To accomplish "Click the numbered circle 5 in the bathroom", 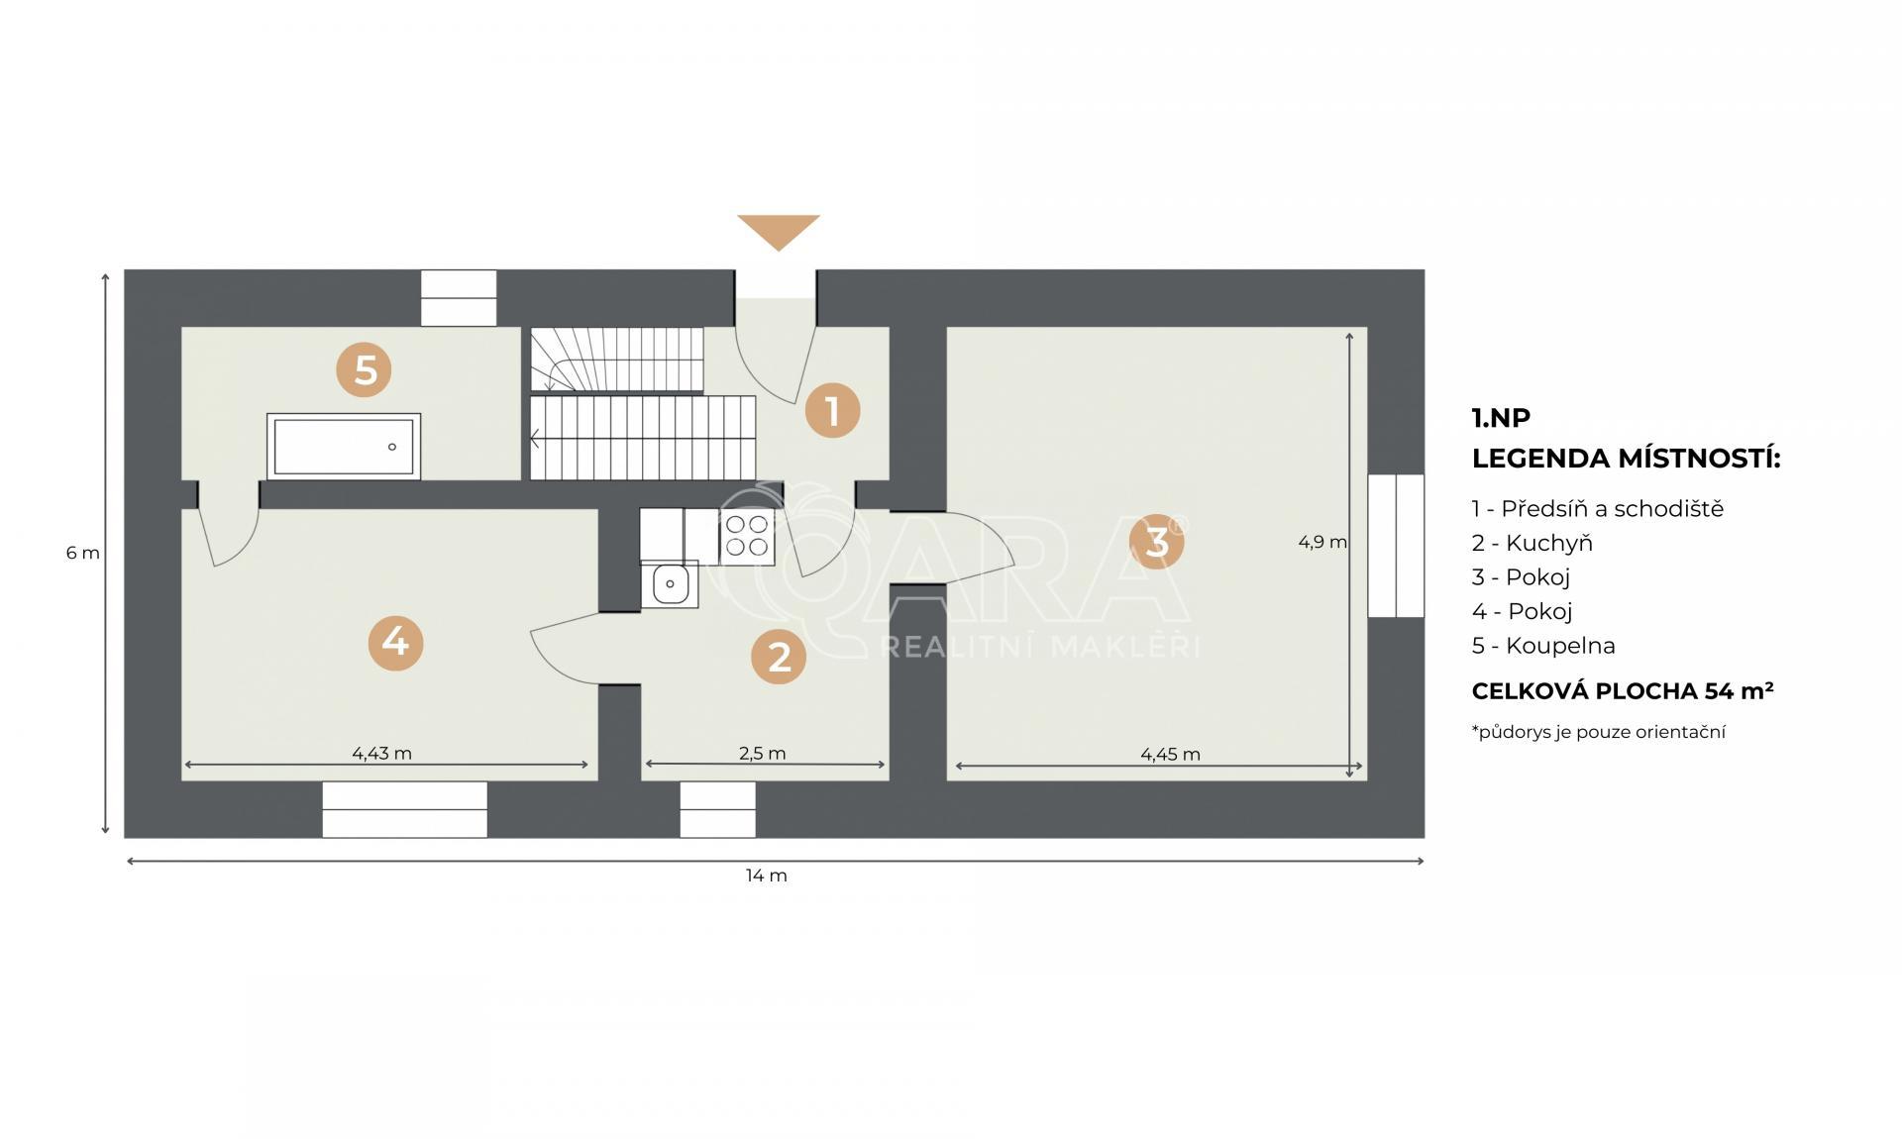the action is [364, 370].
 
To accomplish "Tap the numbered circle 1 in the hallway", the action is [832, 410].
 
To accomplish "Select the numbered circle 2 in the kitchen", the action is [779, 657].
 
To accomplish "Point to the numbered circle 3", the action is [1156, 541].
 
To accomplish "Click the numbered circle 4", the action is [395, 643].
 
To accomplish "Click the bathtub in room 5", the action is [344, 447].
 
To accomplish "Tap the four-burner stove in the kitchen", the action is [747, 536].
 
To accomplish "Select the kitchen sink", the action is [670, 583].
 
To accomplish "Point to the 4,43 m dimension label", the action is [381, 753].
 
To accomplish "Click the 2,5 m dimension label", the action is [763, 753].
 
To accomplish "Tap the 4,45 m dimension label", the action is [1170, 754].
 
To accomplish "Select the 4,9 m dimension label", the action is [1322, 542].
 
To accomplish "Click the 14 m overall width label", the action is [767, 876].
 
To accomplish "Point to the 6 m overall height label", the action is [83, 553].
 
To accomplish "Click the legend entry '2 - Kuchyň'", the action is [1532, 543].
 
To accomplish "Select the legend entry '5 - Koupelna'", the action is [1543, 646].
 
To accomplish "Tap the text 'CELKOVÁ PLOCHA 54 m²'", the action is [1623, 690].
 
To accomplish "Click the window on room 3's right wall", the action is [1396, 546].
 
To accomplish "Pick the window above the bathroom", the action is [459, 297].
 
